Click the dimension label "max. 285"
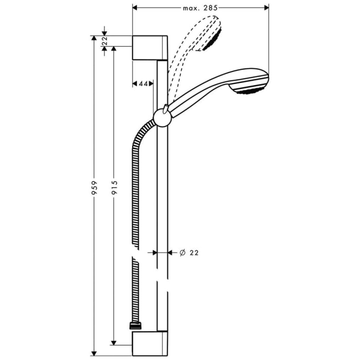pos(201,8)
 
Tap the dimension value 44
pos(143,83)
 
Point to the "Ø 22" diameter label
pos(189,253)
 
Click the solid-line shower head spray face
pos(252,90)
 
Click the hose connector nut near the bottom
pos(135,326)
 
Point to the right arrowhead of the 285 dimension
pos(266,8)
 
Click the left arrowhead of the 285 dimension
pos(135,8)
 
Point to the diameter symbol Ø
pos(182,253)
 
